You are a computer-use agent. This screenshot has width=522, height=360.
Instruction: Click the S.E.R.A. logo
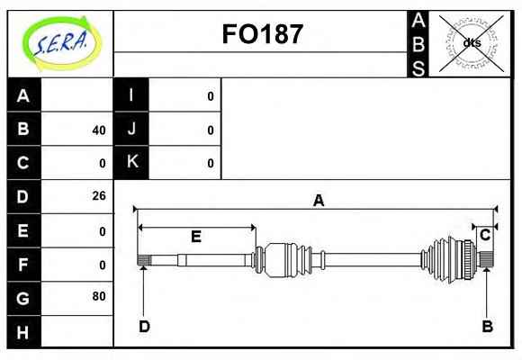[x=62, y=43]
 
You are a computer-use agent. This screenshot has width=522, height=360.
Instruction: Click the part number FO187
[x=262, y=34]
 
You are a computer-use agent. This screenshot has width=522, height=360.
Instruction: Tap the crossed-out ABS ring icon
[x=471, y=43]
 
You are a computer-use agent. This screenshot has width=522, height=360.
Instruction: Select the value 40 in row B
[x=99, y=130]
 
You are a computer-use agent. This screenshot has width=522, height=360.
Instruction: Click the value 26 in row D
[x=99, y=196]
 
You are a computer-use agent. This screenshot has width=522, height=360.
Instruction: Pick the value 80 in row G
[x=99, y=296]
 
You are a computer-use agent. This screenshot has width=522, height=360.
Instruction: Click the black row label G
[x=23, y=299]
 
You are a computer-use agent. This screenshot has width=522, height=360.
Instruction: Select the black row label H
[x=23, y=332]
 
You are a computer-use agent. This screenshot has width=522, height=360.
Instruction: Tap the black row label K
[x=131, y=162]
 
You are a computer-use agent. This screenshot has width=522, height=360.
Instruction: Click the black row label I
[x=131, y=95]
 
